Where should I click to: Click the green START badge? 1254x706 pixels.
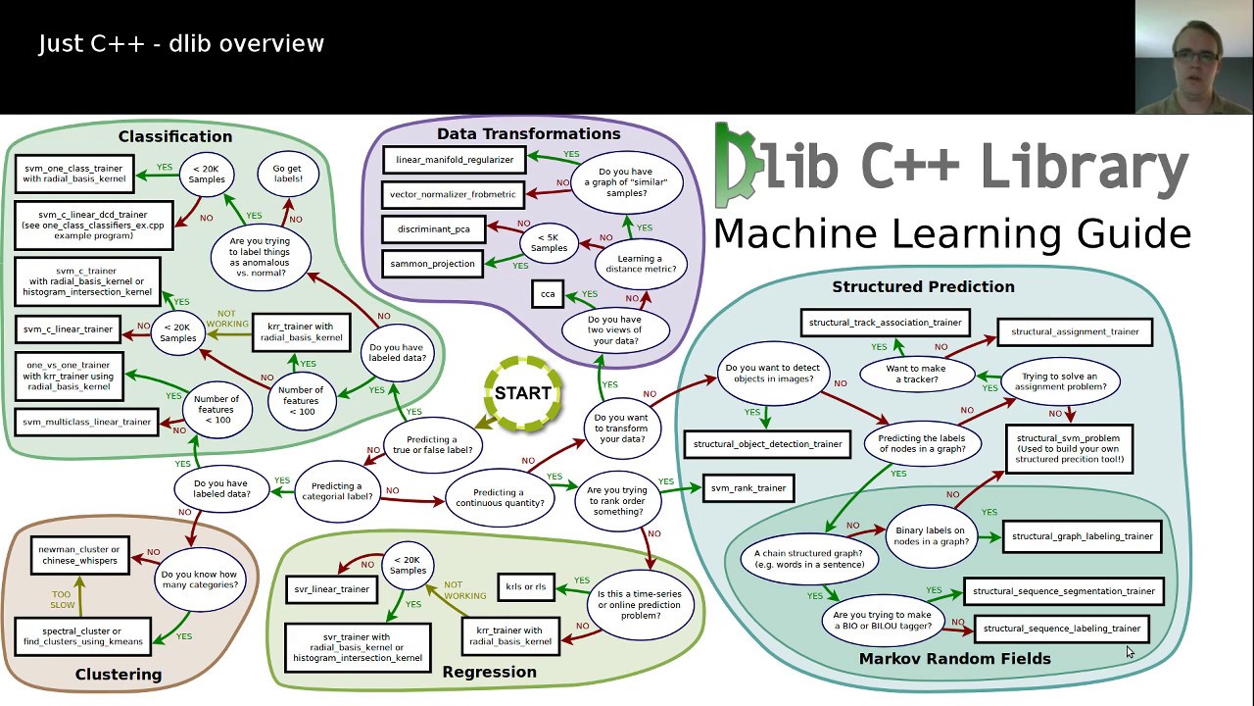[522, 393]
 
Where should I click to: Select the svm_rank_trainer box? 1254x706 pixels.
[748, 488]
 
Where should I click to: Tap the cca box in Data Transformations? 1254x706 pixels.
[548, 294]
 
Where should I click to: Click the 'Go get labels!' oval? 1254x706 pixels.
[287, 174]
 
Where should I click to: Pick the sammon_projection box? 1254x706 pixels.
[432, 264]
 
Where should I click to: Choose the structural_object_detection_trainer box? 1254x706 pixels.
[767, 444]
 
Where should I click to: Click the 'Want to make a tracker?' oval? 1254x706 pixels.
[916, 375]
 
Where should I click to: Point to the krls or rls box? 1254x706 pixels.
[526, 587]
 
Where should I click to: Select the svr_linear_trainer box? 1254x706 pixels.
[332, 589]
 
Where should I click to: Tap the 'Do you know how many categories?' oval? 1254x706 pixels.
[199, 580]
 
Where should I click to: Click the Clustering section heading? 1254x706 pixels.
[119, 675]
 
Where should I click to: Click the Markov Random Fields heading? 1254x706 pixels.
[954, 659]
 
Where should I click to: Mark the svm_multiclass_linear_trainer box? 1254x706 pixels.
[88, 423]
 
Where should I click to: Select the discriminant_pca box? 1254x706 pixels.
[434, 229]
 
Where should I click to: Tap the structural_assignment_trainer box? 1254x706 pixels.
[1075, 332]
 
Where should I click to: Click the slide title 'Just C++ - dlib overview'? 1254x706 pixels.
[181, 44]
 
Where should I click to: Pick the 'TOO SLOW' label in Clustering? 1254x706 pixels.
[62, 599]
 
